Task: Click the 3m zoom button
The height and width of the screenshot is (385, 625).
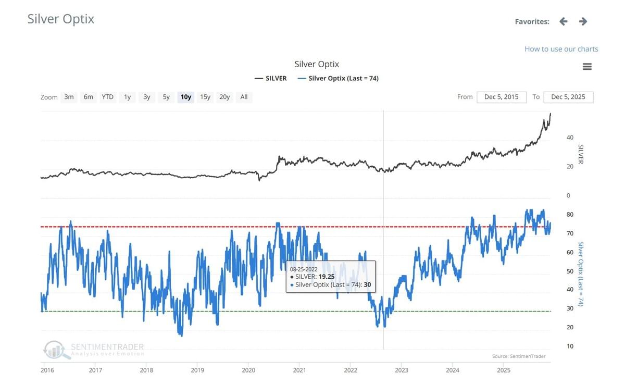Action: (x=69, y=97)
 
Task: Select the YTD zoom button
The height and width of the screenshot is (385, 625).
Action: (x=107, y=97)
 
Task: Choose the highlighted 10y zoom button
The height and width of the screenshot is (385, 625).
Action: (x=185, y=97)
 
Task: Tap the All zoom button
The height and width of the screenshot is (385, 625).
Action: (x=244, y=97)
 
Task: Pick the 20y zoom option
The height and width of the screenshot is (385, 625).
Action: (x=224, y=97)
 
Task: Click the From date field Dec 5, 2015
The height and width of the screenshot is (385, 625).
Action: (x=501, y=97)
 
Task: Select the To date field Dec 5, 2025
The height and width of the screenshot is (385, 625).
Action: (x=568, y=97)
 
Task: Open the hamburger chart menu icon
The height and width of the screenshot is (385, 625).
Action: (x=587, y=67)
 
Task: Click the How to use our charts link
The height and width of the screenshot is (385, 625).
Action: (x=561, y=49)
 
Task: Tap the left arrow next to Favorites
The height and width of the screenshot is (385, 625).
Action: (x=563, y=21)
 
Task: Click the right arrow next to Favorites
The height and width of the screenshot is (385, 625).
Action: (x=583, y=21)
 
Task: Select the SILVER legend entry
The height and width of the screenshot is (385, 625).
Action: (x=271, y=79)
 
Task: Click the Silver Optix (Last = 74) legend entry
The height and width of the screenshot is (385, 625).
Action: (x=338, y=79)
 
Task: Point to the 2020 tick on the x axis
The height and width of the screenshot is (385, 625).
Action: (x=248, y=370)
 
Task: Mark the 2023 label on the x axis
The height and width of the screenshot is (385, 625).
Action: (x=401, y=370)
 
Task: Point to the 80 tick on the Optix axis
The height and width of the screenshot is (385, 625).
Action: (x=570, y=215)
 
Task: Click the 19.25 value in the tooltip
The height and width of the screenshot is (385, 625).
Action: (x=327, y=277)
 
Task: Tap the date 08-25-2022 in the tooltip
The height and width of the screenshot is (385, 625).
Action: (x=304, y=269)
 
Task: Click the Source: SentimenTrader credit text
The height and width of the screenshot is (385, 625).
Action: (x=519, y=356)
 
